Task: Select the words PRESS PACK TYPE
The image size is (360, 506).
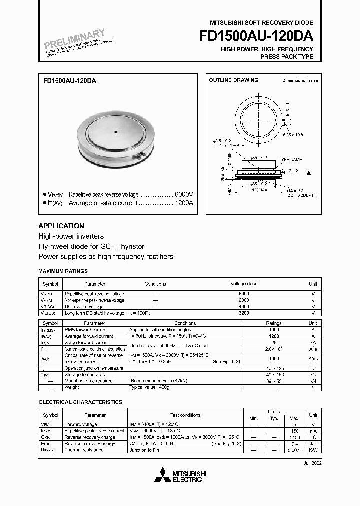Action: coord(287,57)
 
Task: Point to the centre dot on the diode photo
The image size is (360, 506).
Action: coord(115,132)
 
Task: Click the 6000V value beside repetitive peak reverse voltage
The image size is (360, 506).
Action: coord(183,194)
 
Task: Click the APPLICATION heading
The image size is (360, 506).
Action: coord(61,226)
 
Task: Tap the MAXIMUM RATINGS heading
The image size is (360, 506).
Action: coord(63,271)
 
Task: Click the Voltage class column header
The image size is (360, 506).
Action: coord(244,284)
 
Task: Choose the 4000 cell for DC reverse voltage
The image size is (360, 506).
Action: coord(244,306)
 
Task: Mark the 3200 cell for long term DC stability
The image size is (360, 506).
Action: coord(244,313)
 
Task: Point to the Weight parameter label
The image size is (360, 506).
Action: coord(72,387)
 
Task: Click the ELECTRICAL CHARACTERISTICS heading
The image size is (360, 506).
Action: coord(80,402)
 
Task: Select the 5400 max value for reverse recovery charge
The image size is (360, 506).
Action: coord(294,437)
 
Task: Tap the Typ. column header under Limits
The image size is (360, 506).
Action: coord(274,418)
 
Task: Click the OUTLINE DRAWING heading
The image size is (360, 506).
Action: coord(233,80)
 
